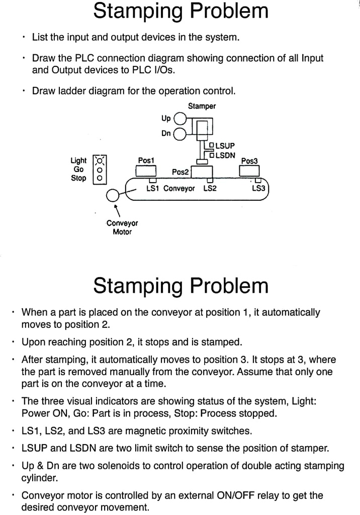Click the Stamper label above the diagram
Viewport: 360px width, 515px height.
pos(202,106)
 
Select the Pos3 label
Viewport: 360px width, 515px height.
pos(249,161)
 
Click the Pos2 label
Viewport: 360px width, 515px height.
pos(180,172)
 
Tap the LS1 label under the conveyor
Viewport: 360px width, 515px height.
pos(152,189)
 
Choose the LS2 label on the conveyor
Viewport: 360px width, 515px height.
pos(210,189)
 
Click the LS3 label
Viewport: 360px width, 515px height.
pos(258,189)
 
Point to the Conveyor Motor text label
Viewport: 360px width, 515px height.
pos(122,227)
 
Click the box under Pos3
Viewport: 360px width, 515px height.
pos(249,171)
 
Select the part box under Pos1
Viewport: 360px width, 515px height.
pos(146,171)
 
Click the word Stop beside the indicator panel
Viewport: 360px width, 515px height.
pos(78,178)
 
